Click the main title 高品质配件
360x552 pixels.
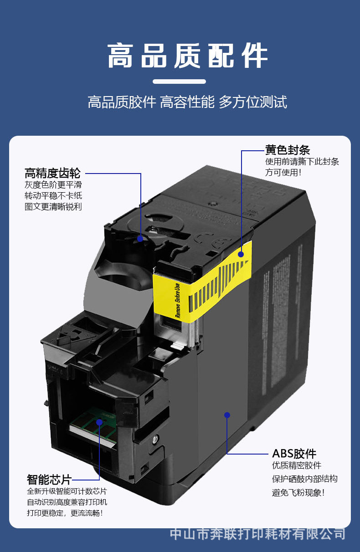click(187, 56)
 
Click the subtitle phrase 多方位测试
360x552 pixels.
click(253, 102)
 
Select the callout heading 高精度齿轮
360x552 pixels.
click(52, 173)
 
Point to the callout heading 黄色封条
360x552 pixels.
click(288, 150)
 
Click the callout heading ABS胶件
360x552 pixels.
click(294, 454)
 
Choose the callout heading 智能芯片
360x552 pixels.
click(49, 480)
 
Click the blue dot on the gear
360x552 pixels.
click(140, 238)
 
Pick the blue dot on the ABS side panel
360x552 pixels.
click(227, 415)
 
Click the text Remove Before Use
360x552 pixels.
click(177, 300)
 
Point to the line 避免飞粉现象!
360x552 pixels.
click(298, 492)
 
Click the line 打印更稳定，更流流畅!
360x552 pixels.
click(65, 513)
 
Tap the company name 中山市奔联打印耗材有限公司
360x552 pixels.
click(257, 533)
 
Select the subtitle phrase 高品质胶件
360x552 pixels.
click(122, 102)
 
